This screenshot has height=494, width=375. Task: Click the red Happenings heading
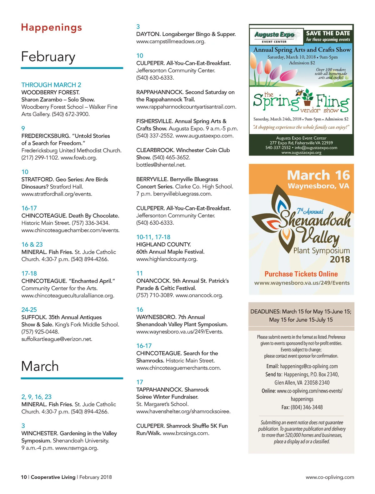[x=52, y=27]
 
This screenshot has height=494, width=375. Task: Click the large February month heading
[x=48, y=57]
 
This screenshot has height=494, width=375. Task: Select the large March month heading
[x=40, y=366]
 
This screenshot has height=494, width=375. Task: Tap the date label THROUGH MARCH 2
[x=51, y=85]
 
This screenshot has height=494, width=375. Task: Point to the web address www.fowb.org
[x=79, y=158]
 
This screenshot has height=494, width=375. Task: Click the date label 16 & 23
[x=32, y=244]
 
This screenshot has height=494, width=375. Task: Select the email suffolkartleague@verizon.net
[x=57, y=339]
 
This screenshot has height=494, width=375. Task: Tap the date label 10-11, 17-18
[x=153, y=237]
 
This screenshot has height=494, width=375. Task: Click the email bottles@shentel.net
[x=161, y=165]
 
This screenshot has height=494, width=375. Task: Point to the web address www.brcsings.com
[x=186, y=433]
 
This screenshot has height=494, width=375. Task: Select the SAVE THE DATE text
[x=328, y=33]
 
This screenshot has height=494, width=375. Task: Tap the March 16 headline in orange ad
[x=318, y=175]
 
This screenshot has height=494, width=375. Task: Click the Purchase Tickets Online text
[x=301, y=274]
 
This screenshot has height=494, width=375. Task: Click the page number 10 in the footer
[x=24, y=477]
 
